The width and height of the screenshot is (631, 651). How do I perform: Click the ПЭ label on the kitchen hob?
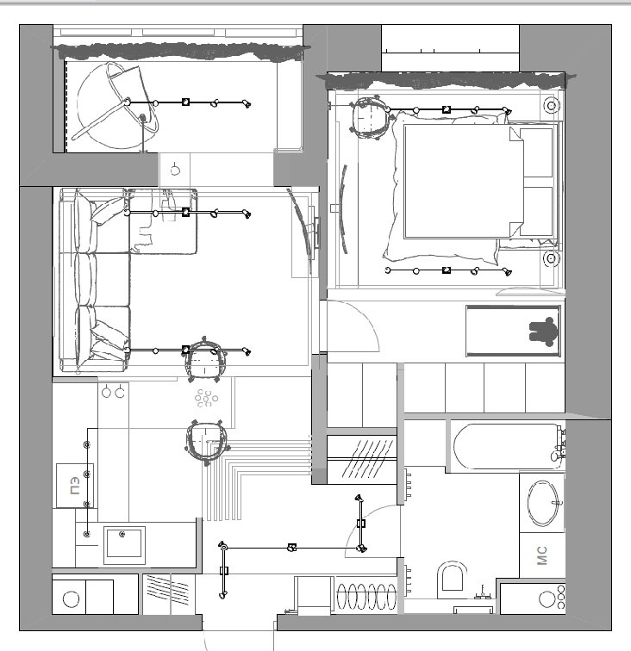75,486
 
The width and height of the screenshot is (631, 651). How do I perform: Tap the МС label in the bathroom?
542,555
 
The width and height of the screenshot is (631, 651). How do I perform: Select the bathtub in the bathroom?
506,446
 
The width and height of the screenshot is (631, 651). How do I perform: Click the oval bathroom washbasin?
543,503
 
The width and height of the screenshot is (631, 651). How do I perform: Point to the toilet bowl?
452,578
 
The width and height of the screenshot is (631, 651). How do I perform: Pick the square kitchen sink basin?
124,545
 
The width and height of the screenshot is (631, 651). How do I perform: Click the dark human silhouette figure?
543,332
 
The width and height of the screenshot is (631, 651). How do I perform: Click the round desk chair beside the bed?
371,117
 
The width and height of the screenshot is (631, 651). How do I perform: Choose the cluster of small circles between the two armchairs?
207,398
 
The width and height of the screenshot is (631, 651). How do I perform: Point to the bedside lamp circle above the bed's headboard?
552,105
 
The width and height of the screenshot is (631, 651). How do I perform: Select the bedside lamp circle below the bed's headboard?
551,258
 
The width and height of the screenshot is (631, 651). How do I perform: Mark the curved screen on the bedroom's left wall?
343,209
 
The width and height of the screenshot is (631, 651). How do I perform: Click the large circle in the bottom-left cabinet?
71,599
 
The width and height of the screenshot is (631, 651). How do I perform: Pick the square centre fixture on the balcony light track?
186,102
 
